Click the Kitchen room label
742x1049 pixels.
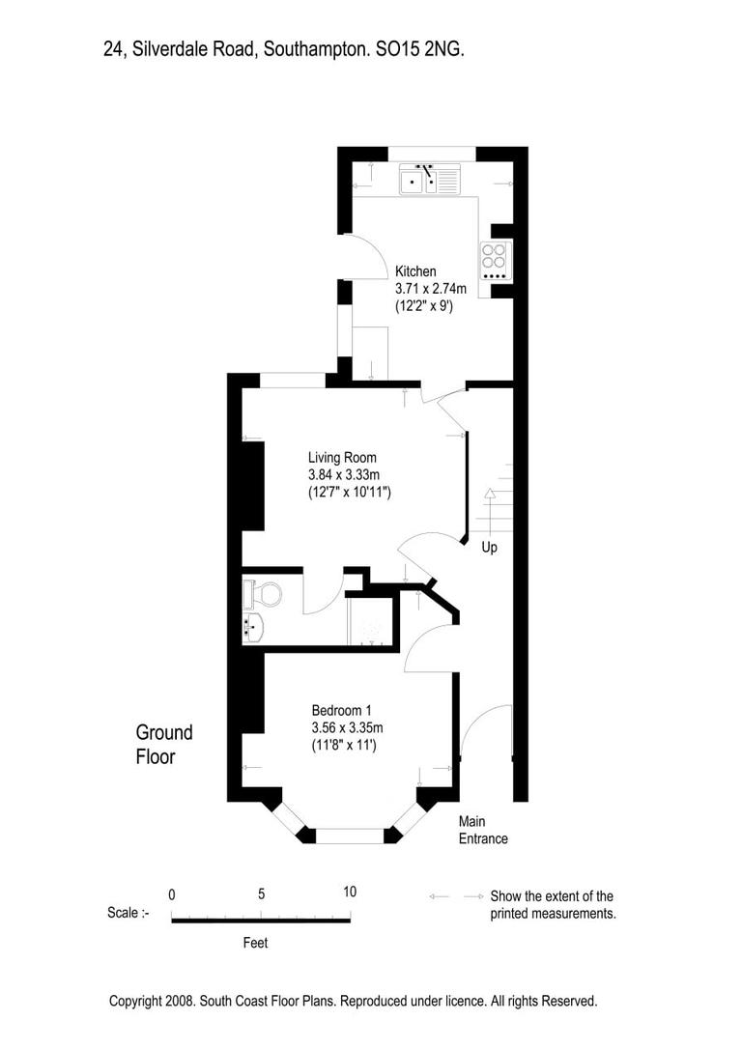(x=415, y=271)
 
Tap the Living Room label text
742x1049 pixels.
(x=342, y=457)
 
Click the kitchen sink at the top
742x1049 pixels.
(x=431, y=179)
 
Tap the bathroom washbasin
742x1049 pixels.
(x=253, y=628)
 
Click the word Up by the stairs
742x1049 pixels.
(x=490, y=548)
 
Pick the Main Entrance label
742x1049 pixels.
(x=482, y=830)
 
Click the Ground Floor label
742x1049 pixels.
(x=163, y=745)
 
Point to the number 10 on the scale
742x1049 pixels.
(x=349, y=892)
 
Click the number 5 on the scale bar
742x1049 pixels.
(x=261, y=893)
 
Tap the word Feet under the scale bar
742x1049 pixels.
(x=255, y=943)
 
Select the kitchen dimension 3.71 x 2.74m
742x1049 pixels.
(x=431, y=289)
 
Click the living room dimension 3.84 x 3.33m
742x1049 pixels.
(x=349, y=474)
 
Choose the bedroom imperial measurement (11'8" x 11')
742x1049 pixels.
(x=343, y=745)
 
